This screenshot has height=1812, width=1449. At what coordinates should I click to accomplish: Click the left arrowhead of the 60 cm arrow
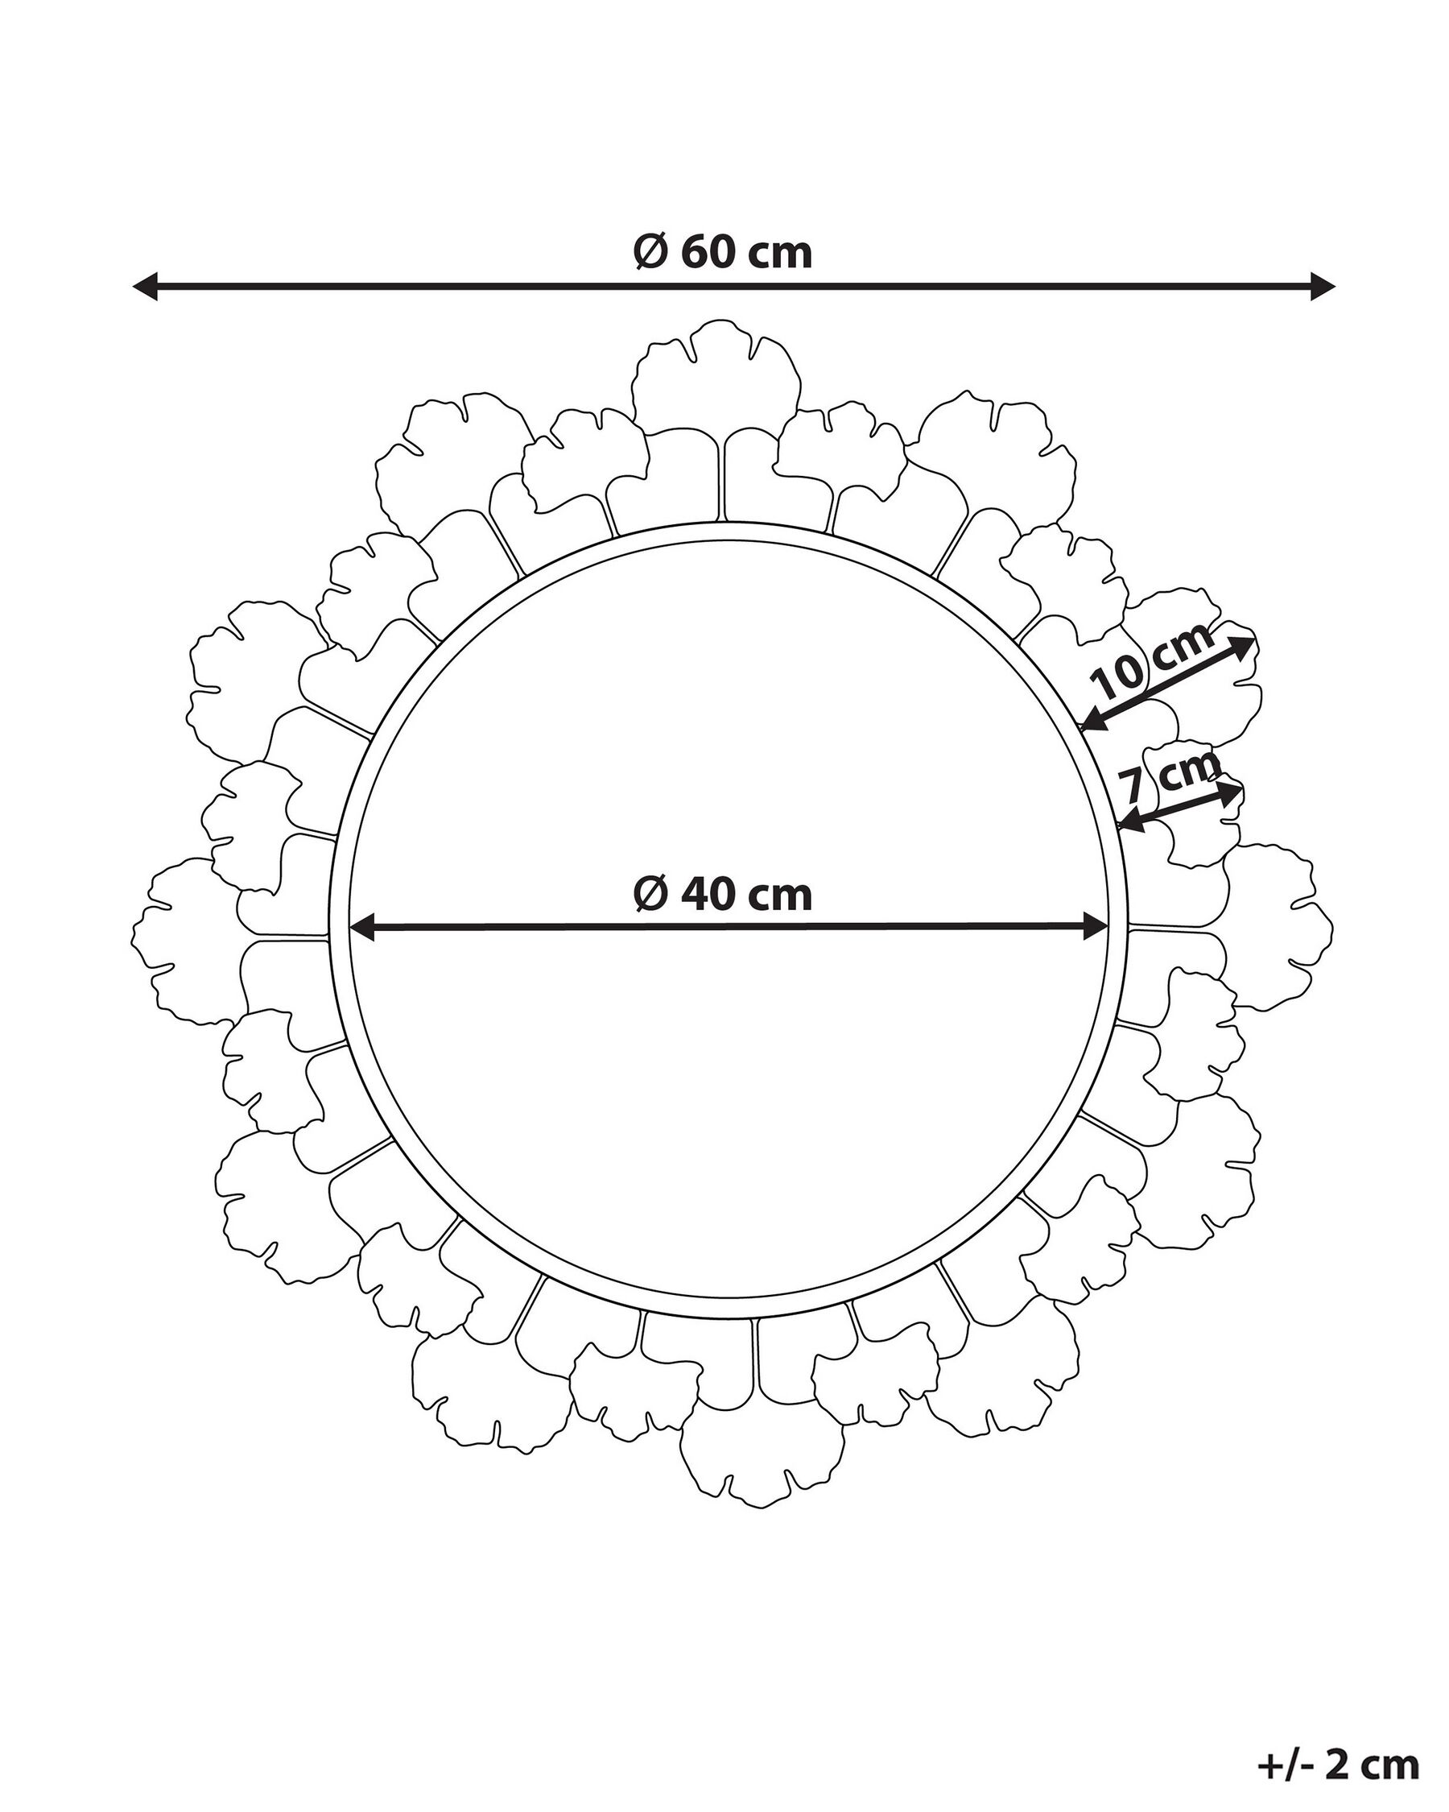(x=147, y=287)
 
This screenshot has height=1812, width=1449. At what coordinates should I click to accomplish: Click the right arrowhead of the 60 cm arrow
(x=1321, y=287)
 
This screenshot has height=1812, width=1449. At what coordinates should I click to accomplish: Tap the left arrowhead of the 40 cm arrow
(x=363, y=928)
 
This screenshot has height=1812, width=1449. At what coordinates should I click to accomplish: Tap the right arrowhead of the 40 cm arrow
(x=1095, y=928)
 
